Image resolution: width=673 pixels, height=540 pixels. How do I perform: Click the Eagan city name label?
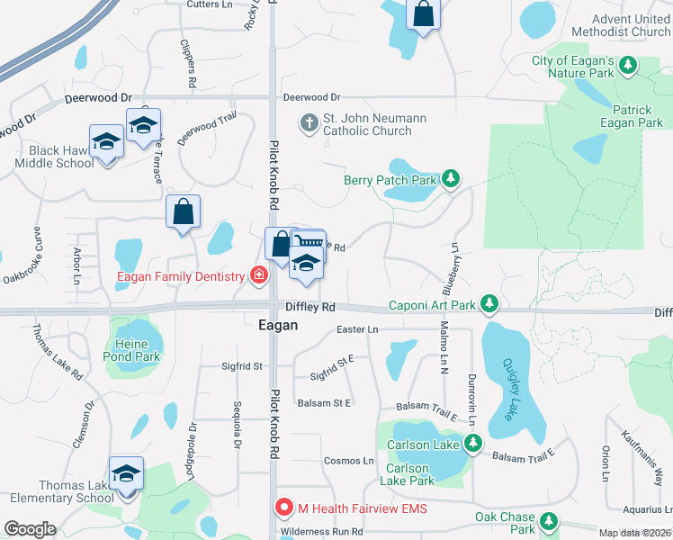pos(277,326)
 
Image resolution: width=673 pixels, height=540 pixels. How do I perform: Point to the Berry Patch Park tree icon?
pos(450,180)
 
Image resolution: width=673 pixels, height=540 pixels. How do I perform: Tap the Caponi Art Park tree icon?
pos(489,305)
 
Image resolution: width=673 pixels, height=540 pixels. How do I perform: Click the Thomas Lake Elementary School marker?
pos(126,473)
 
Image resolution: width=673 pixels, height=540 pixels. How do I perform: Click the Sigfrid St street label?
pos(242,366)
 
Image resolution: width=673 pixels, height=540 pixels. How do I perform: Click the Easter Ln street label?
pos(356,330)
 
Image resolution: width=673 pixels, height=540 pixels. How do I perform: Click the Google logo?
pos(30,529)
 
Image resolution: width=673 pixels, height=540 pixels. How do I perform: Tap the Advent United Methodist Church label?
pos(631,25)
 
